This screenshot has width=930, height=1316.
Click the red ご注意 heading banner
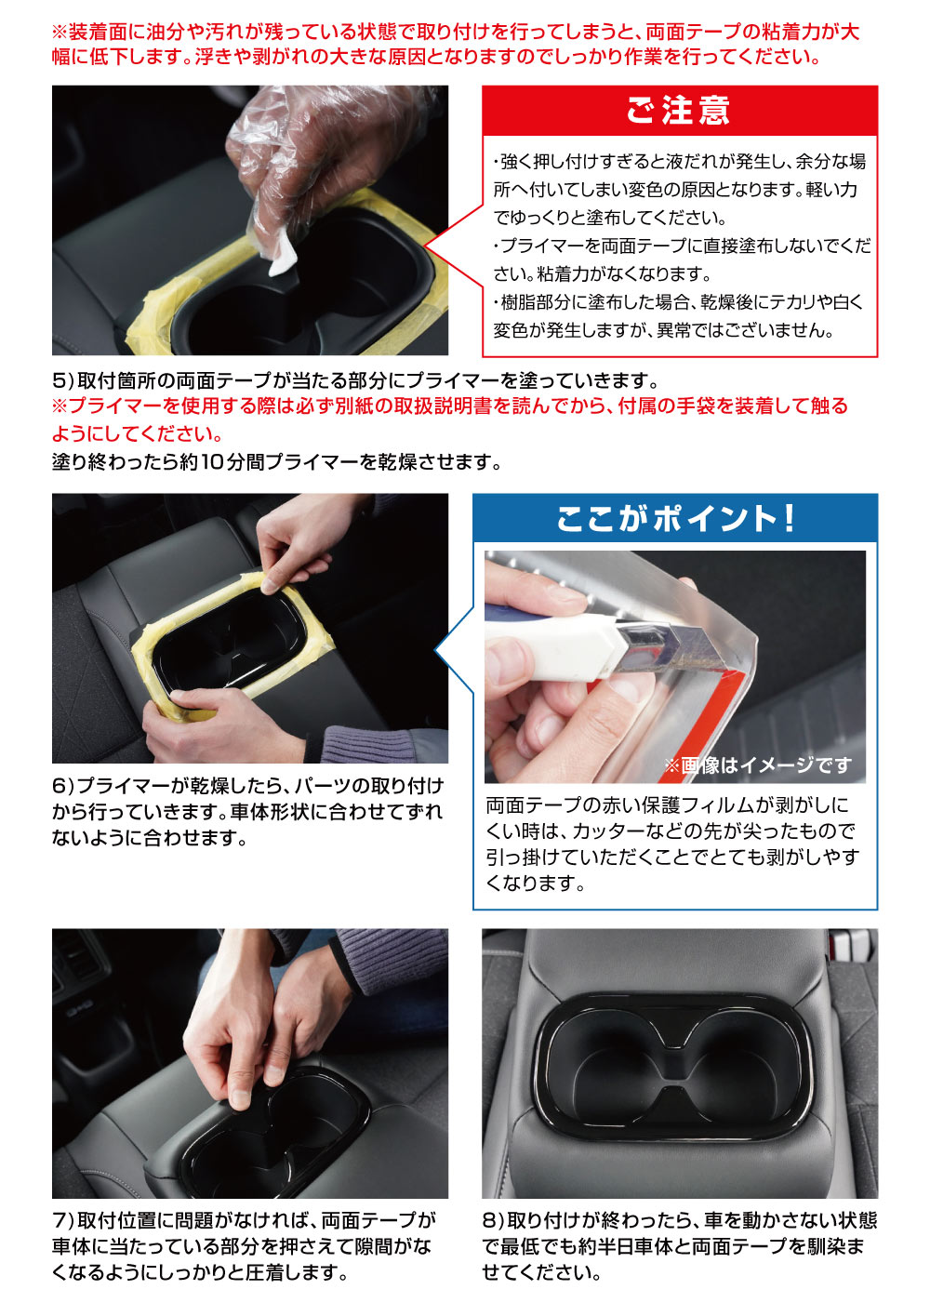[x=679, y=111]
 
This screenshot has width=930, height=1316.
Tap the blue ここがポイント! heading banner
[x=675, y=518]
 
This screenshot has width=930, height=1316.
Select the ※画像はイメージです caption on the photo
[x=757, y=764]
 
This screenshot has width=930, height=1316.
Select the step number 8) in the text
[x=492, y=1220]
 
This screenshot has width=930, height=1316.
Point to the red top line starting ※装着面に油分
[x=455, y=32]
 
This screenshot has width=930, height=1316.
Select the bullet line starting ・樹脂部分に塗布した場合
[x=679, y=302]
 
